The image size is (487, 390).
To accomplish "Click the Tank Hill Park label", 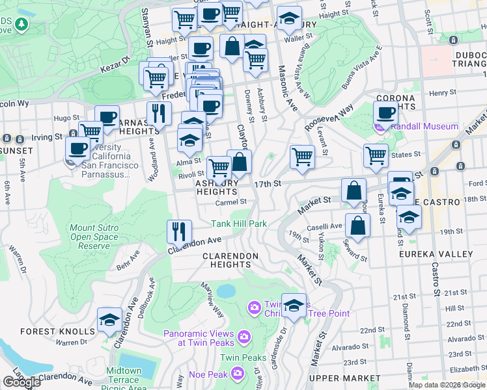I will click(x=239, y=224).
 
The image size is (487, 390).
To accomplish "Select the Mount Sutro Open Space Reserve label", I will click(x=94, y=237).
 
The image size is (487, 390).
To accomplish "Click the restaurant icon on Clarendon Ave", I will click(x=178, y=232).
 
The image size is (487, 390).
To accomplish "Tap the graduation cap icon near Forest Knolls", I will click(x=109, y=319).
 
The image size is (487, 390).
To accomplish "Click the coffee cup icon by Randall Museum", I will click(x=385, y=112).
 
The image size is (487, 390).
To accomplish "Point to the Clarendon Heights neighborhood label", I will click(x=230, y=257).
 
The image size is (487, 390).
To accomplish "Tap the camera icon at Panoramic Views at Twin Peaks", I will click(x=244, y=336).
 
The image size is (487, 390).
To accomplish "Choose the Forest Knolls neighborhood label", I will click(x=48, y=331).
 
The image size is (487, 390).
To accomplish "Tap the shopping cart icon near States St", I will click(x=376, y=155).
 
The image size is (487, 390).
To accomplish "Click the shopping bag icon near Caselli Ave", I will click(x=358, y=226).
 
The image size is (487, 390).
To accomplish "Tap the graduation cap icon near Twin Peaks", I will click(x=294, y=305).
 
